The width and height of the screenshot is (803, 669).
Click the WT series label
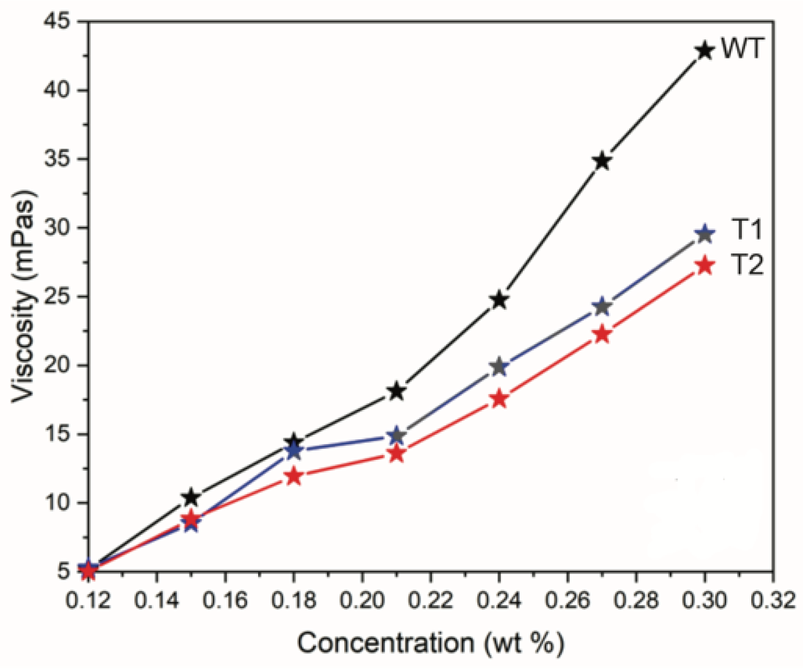point(741,49)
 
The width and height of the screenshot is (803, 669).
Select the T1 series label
point(747,230)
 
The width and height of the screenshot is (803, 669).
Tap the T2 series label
point(747,265)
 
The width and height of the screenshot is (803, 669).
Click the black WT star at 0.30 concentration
point(705,51)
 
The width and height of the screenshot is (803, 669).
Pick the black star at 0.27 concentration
point(602,161)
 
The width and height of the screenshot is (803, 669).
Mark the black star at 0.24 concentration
point(499,300)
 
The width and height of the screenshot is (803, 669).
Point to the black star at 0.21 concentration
point(397,391)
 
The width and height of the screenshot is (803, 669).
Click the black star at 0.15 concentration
point(191,498)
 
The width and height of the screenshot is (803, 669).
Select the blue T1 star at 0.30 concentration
point(705,234)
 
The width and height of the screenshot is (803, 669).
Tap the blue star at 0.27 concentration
point(602,306)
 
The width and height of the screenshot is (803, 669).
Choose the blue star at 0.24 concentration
point(499,367)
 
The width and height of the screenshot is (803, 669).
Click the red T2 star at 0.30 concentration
point(705,266)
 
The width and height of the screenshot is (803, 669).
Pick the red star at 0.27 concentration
point(602,335)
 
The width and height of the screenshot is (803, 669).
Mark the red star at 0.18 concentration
point(294,477)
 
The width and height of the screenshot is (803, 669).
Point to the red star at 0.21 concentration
point(397,453)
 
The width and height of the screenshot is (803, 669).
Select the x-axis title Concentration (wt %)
point(430,643)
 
